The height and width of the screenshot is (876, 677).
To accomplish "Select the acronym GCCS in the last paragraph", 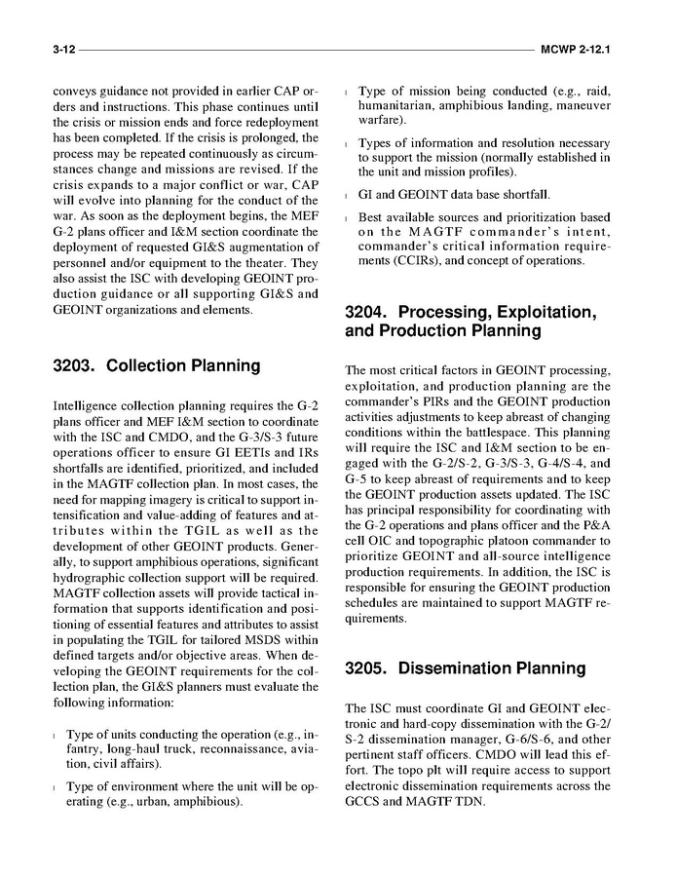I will pos(368,802).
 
